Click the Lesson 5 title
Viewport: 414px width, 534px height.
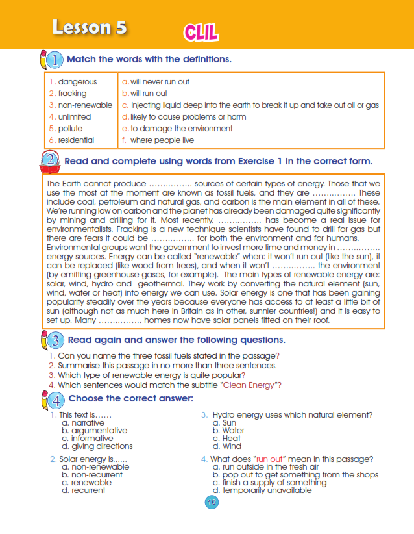90,27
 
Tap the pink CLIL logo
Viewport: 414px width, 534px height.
201,31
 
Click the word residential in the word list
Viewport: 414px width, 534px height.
76,140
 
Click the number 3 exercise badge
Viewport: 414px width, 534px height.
56,340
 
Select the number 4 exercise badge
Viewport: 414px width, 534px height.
56,398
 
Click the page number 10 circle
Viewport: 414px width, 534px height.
211,502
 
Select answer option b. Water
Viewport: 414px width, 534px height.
232,431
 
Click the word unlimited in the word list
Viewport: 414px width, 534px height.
75,117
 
